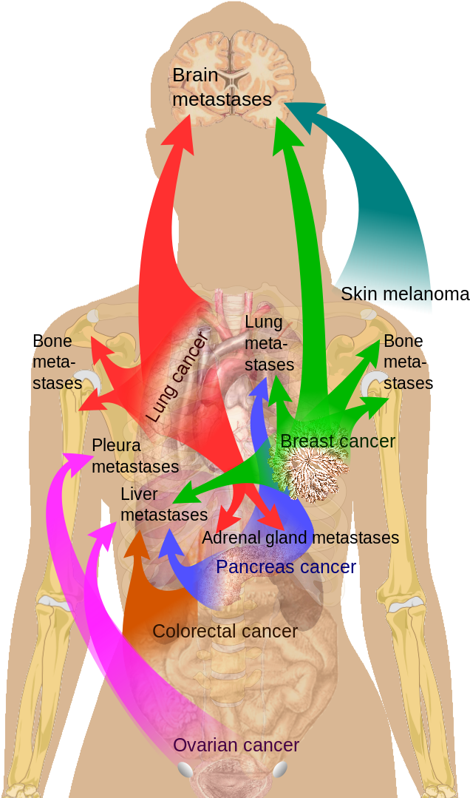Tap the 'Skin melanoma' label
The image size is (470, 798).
385,294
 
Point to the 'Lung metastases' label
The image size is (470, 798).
269,344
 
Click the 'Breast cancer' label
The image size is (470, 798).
338,442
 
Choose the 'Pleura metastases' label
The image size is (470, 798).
134,456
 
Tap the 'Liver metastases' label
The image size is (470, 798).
163,504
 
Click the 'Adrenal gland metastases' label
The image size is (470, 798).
300,538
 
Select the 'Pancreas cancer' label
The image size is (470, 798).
285,567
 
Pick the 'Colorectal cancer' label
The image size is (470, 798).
225,631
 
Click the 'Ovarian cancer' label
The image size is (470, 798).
236,745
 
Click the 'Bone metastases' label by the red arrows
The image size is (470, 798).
57,363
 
